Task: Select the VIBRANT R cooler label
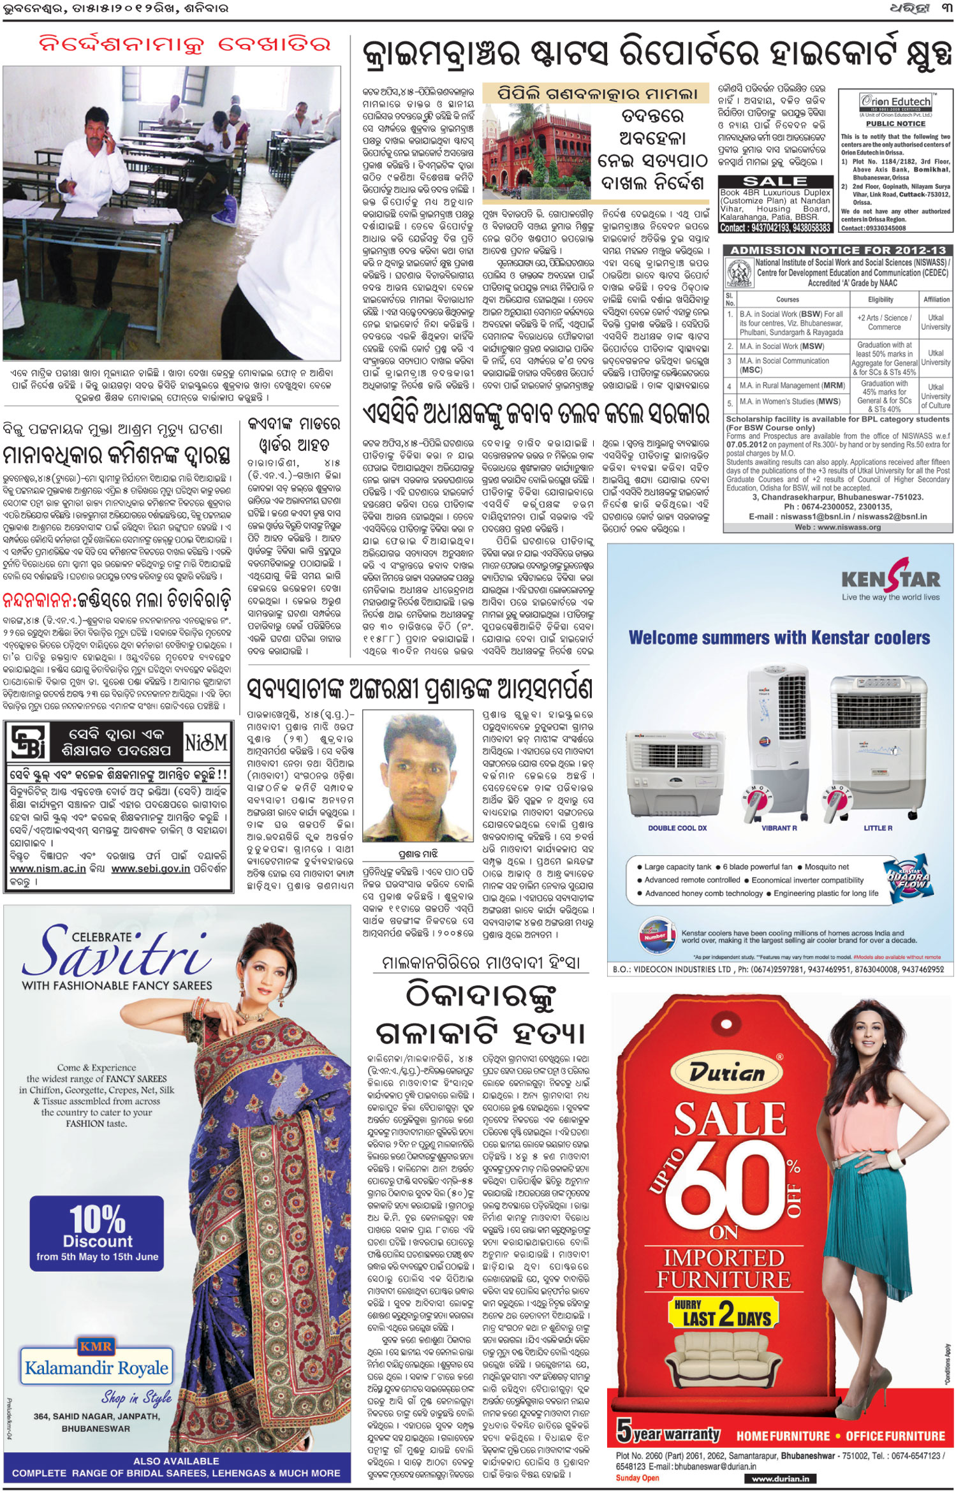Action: click(779, 828)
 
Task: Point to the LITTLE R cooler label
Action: click(878, 828)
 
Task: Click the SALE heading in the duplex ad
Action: click(775, 181)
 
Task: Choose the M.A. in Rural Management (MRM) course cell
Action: click(789, 386)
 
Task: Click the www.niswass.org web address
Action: click(837, 527)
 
